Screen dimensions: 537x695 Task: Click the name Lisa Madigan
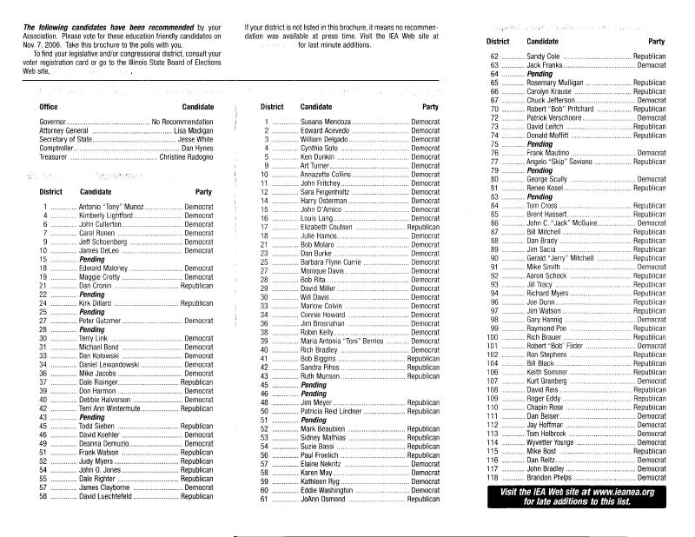point(193,129)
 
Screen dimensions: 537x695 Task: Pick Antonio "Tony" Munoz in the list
point(109,205)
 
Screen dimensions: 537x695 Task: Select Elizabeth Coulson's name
point(329,226)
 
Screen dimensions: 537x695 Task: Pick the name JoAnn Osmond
point(324,500)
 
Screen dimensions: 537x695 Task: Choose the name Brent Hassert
point(548,214)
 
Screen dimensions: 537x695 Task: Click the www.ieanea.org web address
point(617,492)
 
